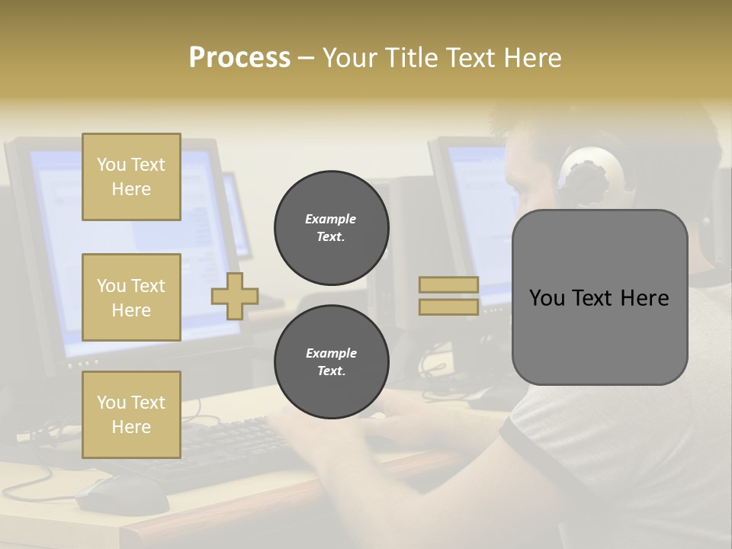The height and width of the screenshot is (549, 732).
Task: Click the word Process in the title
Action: pyautogui.click(x=239, y=58)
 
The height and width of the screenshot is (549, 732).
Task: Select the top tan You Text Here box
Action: pyautogui.click(x=131, y=177)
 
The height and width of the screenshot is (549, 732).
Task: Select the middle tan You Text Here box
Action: pyautogui.click(x=131, y=297)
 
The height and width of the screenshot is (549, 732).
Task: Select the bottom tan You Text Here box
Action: pyautogui.click(x=131, y=415)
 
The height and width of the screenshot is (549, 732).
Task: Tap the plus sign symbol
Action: pyautogui.click(x=235, y=296)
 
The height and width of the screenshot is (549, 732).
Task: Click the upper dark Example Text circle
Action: pyautogui.click(x=331, y=228)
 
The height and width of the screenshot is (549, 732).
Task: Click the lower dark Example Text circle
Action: pyautogui.click(x=331, y=362)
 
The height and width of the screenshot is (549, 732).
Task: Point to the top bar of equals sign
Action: pyautogui.click(x=448, y=285)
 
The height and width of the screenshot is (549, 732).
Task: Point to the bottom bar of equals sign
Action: pyautogui.click(x=448, y=307)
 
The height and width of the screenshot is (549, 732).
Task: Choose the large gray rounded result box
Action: pyautogui.click(x=599, y=297)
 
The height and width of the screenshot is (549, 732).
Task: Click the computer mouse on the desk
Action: pyautogui.click(x=122, y=496)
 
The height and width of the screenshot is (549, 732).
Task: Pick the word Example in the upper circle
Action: pyautogui.click(x=331, y=219)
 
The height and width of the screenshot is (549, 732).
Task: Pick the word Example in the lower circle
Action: pyautogui.click(x=331, y=353)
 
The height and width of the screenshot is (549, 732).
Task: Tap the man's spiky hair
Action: pyautogui.click(x=526, y=122)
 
